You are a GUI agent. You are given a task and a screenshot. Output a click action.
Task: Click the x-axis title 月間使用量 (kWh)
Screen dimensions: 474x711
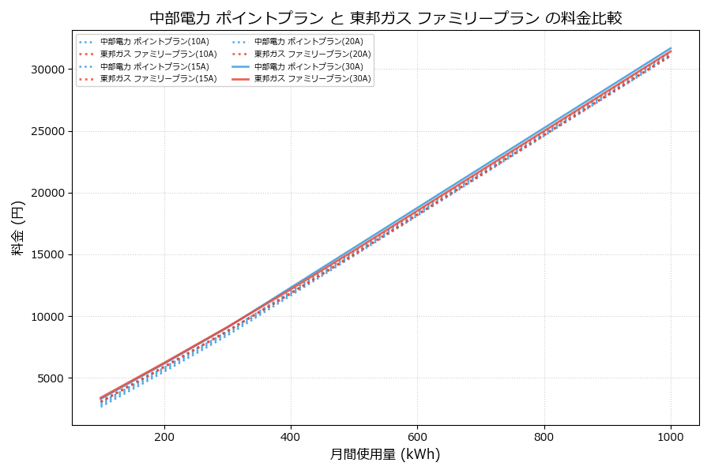pos(385,454)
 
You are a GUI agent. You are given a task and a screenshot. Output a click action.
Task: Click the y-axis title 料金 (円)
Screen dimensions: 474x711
pos(17,228)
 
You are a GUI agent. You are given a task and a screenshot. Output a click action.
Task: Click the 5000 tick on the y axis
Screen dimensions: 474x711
pos(50,378)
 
